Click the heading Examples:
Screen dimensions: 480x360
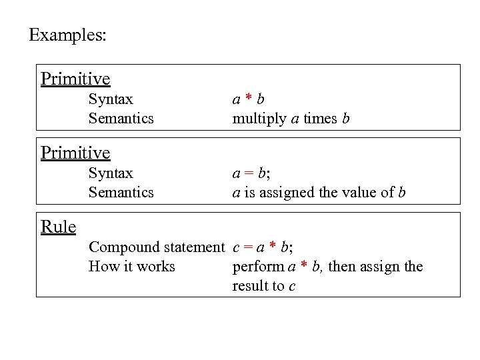[x=67, y=35]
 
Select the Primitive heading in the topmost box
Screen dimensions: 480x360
[x=75, y=79]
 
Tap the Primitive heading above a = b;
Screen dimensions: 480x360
[x=75, y=153]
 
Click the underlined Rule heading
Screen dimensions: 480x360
[x=58, y=227]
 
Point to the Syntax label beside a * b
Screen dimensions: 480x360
[x=111, y=99]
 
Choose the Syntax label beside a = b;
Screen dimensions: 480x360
[x=111, y=173]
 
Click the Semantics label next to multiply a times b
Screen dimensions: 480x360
[x=121, y=119]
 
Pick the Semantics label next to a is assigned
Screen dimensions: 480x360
[x=121, y=193]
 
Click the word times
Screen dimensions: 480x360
[x=319, y=119]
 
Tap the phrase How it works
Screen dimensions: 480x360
[x=131, y=267]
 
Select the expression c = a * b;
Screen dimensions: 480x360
[x=263, y=247]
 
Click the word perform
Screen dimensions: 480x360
[x=258, y=267]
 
